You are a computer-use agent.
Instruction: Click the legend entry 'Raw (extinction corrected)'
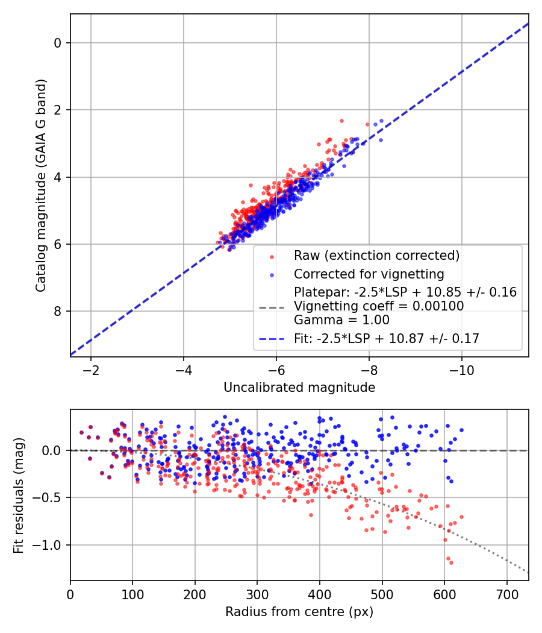coord(376,256)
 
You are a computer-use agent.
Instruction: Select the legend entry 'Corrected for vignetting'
coord(369,274)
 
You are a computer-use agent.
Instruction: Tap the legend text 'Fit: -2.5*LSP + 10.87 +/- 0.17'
coord(387,339)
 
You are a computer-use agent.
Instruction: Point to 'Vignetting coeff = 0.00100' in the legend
coord(379,306)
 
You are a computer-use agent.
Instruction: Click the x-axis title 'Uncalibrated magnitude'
coord(299,388)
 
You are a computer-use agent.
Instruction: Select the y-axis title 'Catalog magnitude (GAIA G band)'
coord(40,185)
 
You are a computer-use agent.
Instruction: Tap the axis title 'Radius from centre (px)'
coord(299,612)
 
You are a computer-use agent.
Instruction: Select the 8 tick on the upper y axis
coord(58,311)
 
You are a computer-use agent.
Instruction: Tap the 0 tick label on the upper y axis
coord(58,43)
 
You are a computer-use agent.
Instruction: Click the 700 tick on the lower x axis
coord(506,593)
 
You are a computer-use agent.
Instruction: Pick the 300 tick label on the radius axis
coord(257,593)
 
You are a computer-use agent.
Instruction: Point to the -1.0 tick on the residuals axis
coord(49,545)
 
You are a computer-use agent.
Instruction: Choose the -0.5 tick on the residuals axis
coord(49,498)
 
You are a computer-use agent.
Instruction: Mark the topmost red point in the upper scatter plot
coord(341,121)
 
